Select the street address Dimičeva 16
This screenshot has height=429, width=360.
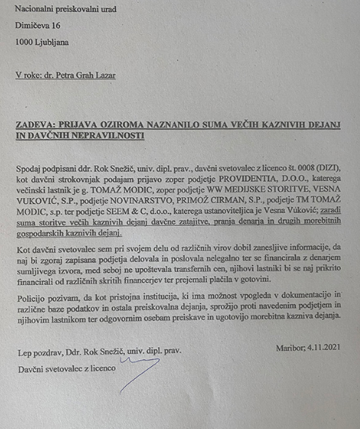click(x=40, y=26)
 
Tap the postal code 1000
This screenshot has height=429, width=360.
click(x=24, y=42)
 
